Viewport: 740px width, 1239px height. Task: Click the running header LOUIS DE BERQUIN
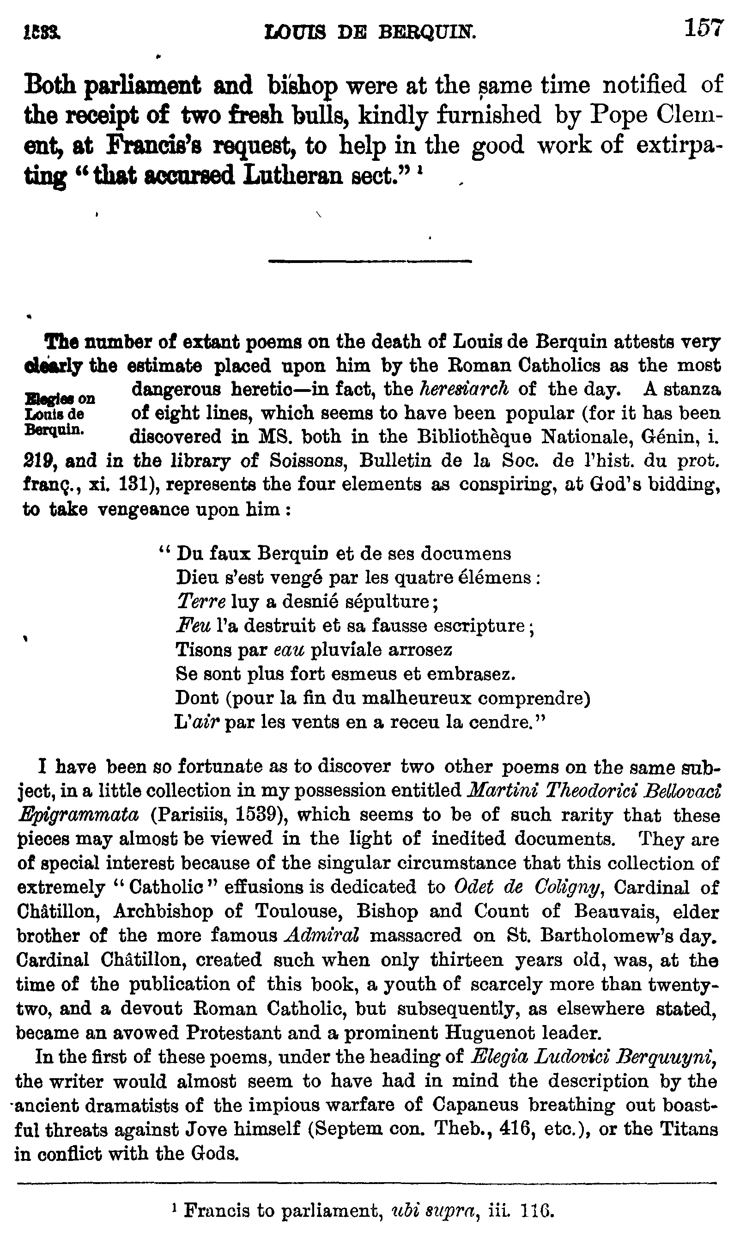point(370,32)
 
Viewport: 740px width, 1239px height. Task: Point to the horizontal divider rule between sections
point(370,260)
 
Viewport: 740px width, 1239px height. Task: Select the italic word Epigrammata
point(78,815)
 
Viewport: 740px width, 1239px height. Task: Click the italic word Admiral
point(321,935)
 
